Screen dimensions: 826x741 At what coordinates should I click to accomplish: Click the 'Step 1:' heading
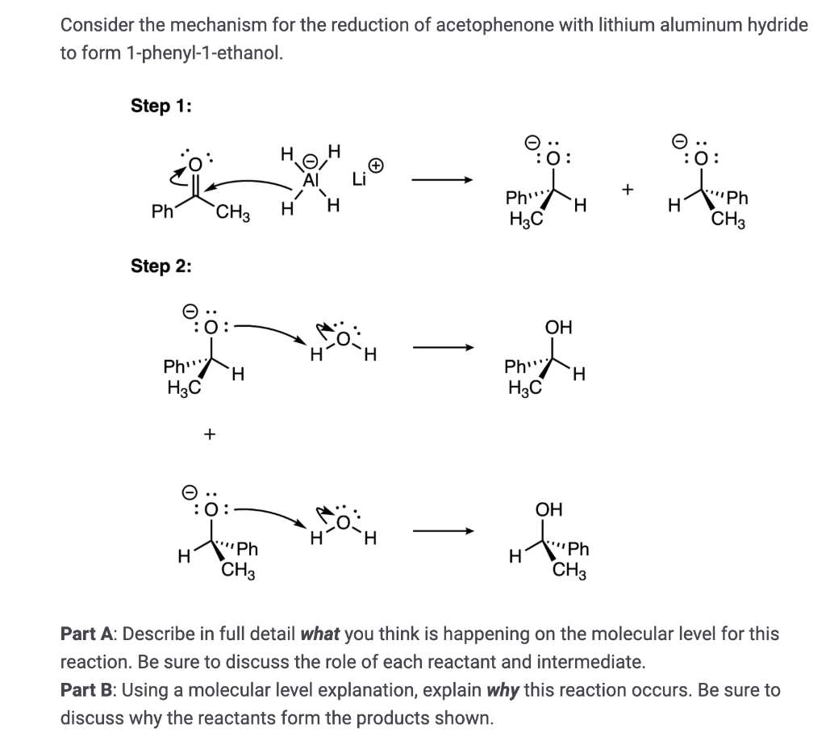pyautogui.click(x=161, y=106)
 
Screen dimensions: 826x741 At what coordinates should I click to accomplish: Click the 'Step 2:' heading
pyautogui.click(x=161, y=266)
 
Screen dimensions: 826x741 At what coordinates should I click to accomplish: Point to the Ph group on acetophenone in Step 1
pyautogui.click(x=162, y=212)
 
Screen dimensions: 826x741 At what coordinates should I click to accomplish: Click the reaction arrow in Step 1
pyautogui.click(x=440, y=181)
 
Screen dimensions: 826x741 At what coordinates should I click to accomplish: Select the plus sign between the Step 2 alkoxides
pyautogui.click(x=209, y=434)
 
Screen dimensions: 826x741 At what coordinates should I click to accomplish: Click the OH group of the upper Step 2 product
pyautogui.click(x=558, y=328)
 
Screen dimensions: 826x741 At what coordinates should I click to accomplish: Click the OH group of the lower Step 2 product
pyautogui.click(x=549, y=510)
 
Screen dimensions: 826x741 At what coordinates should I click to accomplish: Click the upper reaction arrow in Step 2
pyautogui.click(x=440, y=350)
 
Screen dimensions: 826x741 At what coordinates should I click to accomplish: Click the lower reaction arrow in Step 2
pyautogui.click(x=440, y=532)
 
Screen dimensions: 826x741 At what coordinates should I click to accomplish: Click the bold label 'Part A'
pyautogui.click(x=87, y=634)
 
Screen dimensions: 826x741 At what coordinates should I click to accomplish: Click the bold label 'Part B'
pyautogui.click(x=87, y=690)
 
